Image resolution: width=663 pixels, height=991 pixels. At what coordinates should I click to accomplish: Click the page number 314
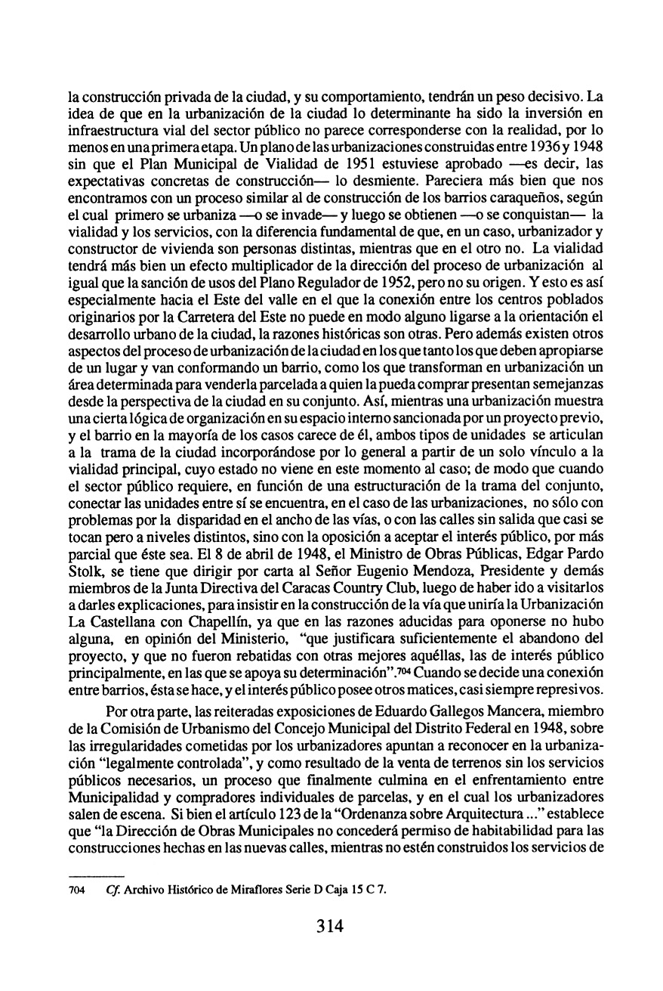pos(331,925)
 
